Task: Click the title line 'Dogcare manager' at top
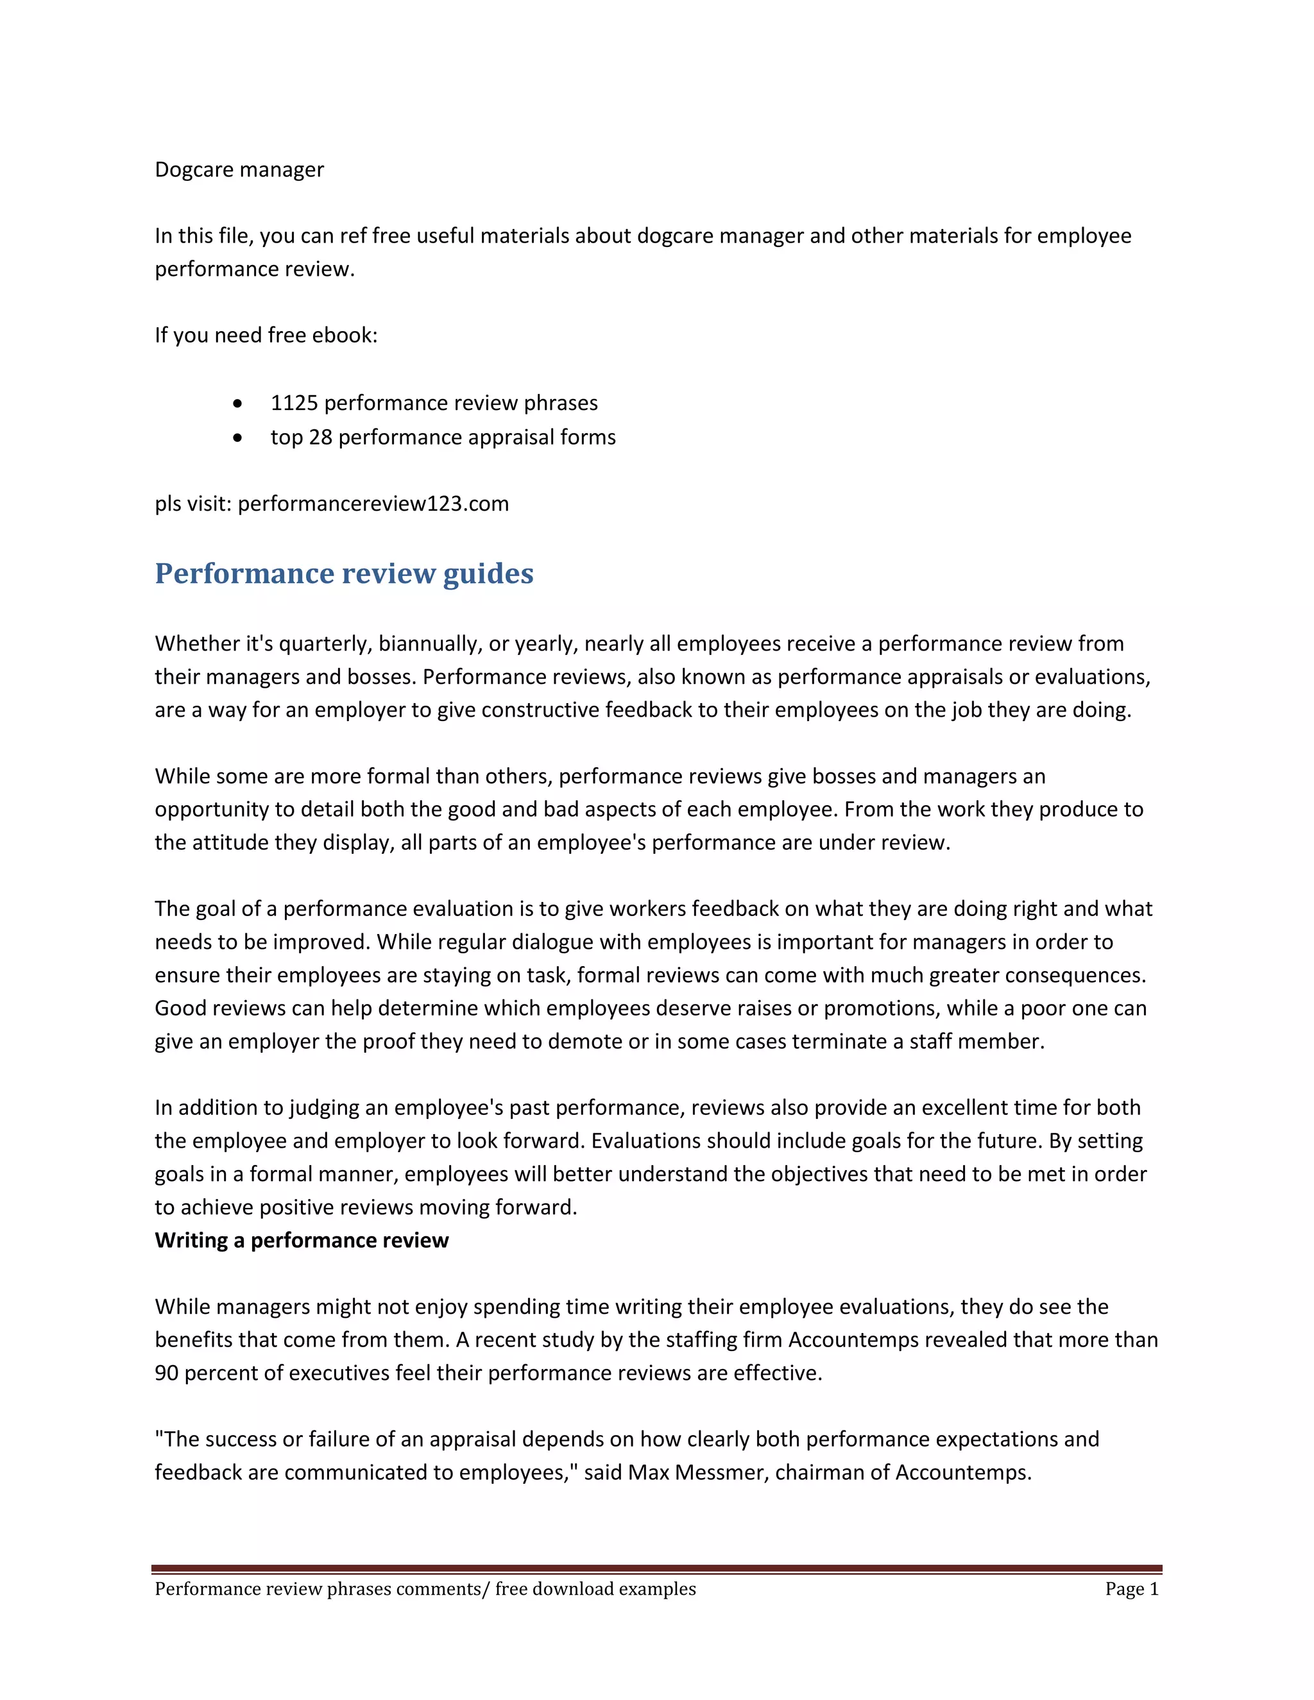239,170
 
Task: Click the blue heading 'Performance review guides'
344,574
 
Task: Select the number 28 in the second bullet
321,438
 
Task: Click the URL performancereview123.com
373,504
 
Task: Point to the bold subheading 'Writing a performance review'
302,1240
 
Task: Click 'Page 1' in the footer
1131,1588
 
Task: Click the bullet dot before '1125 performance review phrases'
237,404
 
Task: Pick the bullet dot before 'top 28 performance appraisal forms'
237,438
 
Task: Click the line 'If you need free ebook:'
266,336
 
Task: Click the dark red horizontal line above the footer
656,1568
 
